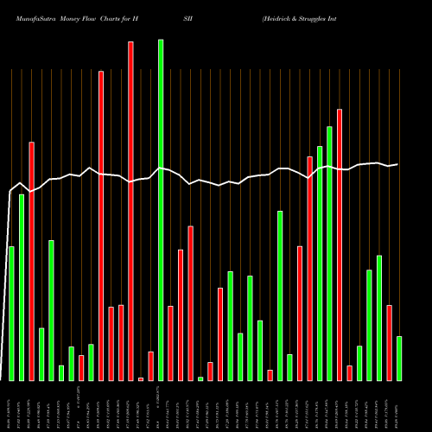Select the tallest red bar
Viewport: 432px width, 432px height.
130,211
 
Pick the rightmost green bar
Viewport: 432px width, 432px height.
399,359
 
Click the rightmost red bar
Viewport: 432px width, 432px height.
389,343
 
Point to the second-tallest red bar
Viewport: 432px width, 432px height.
101,226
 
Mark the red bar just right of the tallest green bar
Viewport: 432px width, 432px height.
170,343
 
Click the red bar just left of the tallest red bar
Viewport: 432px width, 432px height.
121,343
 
